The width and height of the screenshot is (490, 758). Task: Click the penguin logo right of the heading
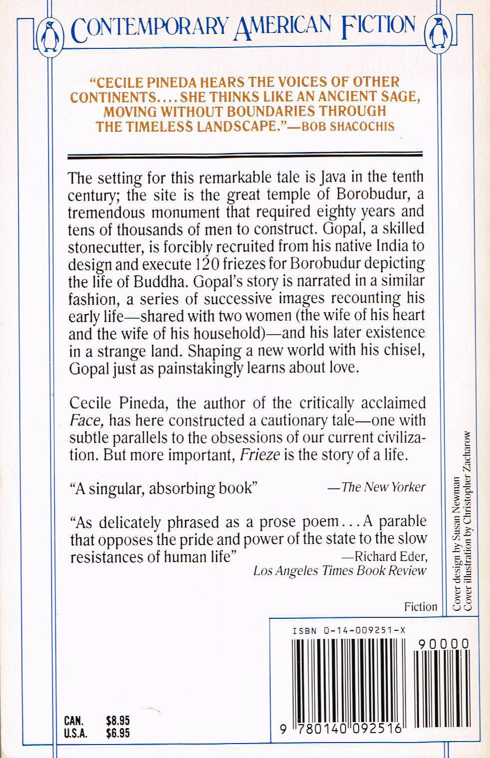point(437,34)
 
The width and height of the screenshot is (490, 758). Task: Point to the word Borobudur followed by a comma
point(369,194)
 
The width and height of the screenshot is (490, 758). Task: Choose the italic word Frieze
point(259,455)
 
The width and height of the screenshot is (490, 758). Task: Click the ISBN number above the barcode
point(349,630)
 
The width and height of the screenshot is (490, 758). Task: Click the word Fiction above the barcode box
point(421,606)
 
